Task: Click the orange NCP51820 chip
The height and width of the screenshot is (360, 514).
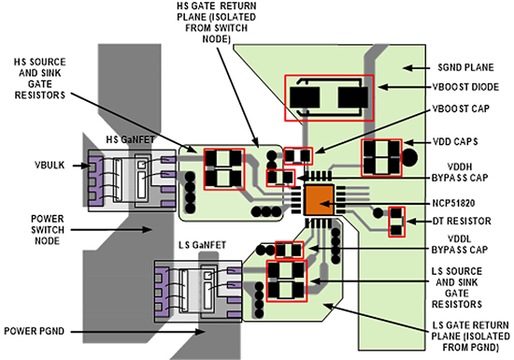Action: [319, 200]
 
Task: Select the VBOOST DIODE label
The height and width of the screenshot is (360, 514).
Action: [465, 87]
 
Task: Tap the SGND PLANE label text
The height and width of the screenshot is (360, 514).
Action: [465, 67]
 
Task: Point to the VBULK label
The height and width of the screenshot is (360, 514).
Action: [50, 165]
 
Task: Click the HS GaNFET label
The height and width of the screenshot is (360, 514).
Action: [130, 139]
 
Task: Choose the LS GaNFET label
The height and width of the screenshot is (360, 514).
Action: [202, 245]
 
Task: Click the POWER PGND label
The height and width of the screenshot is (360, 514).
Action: [34, 331]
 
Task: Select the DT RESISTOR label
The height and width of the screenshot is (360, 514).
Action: [462, 221]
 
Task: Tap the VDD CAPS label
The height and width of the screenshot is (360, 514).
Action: [455, 141]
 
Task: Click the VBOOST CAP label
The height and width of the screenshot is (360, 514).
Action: [461, 108]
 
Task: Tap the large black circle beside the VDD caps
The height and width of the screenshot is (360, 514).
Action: [409, 157]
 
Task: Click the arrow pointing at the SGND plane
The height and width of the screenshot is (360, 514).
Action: [416, 68]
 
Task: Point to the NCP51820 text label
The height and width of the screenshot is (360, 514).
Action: [453, 203]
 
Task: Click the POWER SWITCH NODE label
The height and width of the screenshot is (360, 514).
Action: [48, 229]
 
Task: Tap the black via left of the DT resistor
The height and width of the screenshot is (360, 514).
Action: [378, 213]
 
